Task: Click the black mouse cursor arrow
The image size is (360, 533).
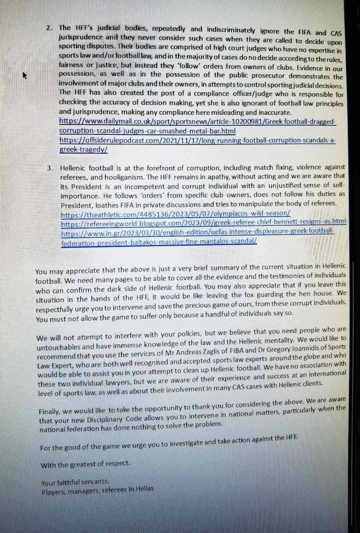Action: click(25, 76)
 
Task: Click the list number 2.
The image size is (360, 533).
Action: click(50, 28)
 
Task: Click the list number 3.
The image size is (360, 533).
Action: click(50, 168)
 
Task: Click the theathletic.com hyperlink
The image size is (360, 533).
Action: click(175, 214)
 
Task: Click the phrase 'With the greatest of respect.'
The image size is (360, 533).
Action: click(85, 464)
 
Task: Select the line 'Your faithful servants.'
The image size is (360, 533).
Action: click(75, 482)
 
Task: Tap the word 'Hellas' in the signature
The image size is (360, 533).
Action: click(144, 489)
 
